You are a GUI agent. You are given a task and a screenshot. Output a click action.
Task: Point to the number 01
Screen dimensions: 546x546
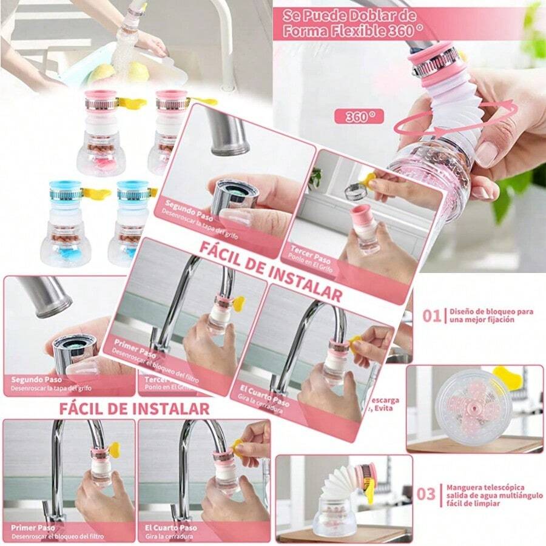(431, 315)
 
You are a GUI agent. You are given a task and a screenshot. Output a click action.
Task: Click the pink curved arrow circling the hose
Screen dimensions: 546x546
(455, 121)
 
